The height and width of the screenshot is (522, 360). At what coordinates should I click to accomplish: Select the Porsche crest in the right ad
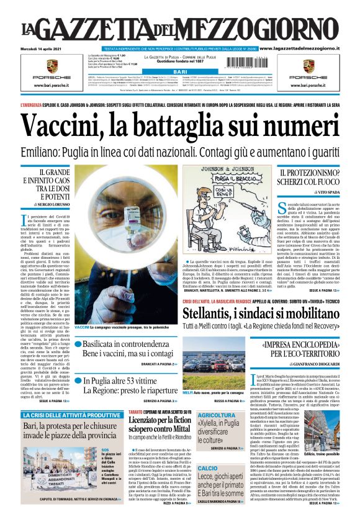(308, 66)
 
